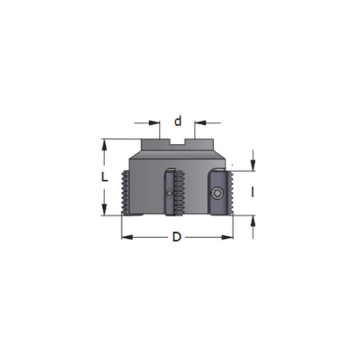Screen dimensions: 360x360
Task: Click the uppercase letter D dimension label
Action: pos(176,237)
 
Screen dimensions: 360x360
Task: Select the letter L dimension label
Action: pos(106,176)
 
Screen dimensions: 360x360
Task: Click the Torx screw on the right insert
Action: pos(220,192)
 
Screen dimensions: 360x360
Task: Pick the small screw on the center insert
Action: pos(170,194)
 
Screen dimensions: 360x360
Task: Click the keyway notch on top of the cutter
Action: pos(177,143)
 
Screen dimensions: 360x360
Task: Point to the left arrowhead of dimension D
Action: pos(126,237)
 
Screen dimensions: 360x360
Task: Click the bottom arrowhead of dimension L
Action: pos(105,211)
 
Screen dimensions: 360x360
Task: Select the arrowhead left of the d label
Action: pos(156,123)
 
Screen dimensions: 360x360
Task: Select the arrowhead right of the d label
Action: pos(198,123)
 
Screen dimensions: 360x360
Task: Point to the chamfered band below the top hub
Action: pos(176,157)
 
